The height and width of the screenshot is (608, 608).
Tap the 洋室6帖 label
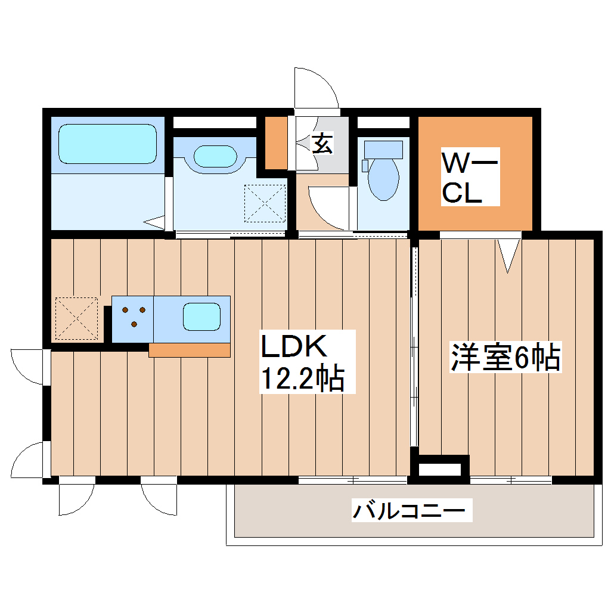(505, 357)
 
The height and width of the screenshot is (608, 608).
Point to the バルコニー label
(412, 511)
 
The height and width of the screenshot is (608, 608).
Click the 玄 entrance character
(322, 144)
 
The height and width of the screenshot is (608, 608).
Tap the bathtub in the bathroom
(107, 144)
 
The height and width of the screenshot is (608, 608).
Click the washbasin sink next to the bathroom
(215, 156)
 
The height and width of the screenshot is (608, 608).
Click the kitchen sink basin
(201, 316)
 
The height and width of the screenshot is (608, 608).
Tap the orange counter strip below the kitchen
(190, 350)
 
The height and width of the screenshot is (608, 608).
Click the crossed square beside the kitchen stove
(76, 318)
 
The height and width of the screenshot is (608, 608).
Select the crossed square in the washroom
(265, 203)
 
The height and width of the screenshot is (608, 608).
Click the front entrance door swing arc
(317, 89)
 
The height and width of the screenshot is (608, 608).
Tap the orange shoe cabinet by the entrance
(275, 143)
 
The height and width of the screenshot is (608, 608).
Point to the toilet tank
(383, 148)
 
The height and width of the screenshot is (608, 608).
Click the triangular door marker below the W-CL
(508, 254)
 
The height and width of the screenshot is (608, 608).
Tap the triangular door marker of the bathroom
(156, 222)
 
